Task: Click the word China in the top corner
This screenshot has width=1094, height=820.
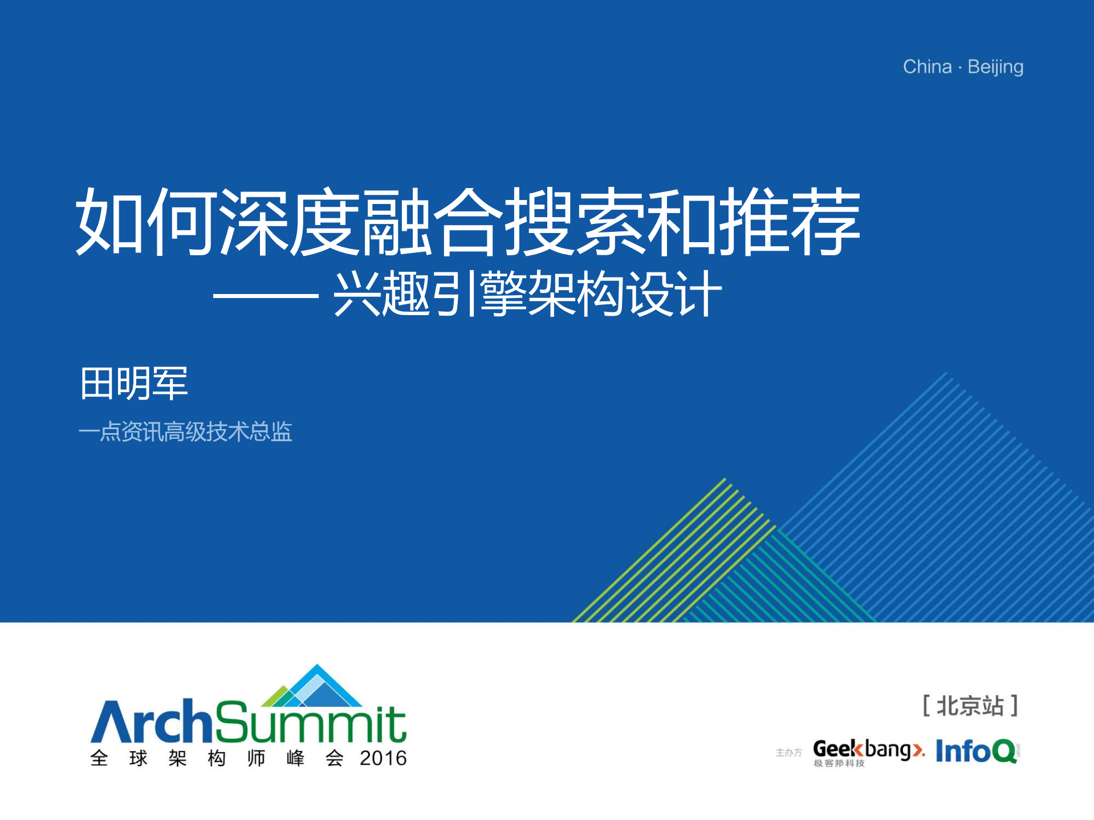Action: pyautogui.click(x=927, y=67)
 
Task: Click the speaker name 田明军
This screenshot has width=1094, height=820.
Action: pyautogui.click(x=134, y=384)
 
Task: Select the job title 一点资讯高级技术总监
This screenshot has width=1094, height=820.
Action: pyautogui.click(x=185, y=431)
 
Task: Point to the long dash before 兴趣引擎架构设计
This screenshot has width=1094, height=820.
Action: pyautogui.click(x=266, y=296)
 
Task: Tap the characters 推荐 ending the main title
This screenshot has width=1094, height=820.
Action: pyautogui.click(x=790, y=222)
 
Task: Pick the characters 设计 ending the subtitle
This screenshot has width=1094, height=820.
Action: pyautogui.click(x=674, y=294)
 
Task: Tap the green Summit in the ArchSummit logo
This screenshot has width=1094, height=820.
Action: pyautogui.click(x=311, y=721)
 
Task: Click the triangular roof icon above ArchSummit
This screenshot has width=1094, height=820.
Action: pyautogui.click(x=312, y=686)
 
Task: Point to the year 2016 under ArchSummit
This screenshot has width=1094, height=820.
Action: pyautogui.click(x=383, y=758)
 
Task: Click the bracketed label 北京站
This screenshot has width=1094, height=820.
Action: pyautogui.click(x=970, y=706)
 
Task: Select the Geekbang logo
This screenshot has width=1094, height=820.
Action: pyautogui.click(x=868, y=752)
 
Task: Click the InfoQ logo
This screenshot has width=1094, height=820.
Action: pyautogui.click(x=977, y=751)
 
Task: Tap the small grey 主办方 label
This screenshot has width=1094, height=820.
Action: pyautogui.click(x=788, y=753)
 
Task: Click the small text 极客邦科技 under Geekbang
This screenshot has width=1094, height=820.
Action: pyautogui.click(x=839, y=763)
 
